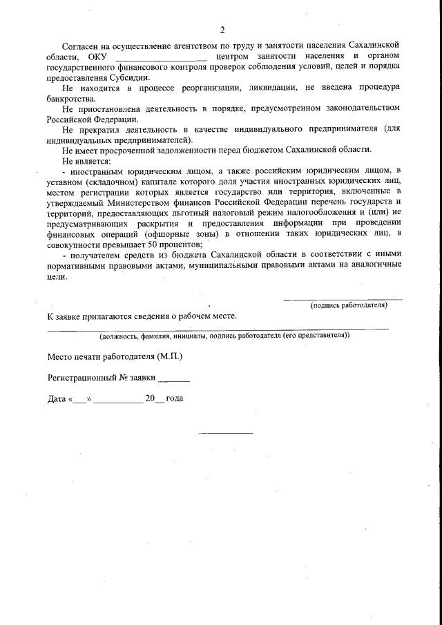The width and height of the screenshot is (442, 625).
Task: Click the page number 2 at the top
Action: (222, 30)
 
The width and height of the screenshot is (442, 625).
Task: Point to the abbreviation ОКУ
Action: (97, 55)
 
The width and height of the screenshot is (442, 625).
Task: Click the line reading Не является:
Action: (86, 161)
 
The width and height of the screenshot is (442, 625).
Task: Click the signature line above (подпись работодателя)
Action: (343, 299)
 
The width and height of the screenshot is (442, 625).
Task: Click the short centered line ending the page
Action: (226, 432)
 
